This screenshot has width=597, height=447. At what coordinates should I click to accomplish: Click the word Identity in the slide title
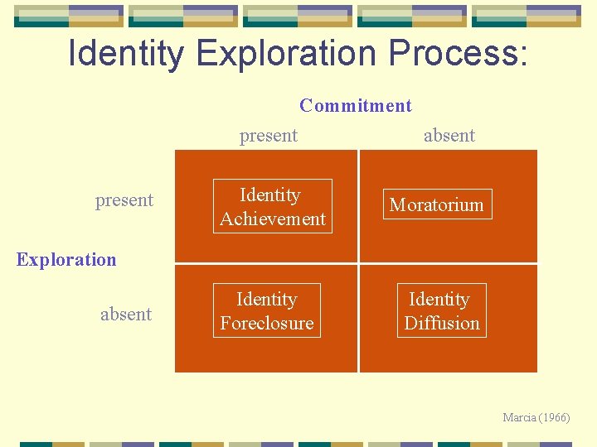(127, 53)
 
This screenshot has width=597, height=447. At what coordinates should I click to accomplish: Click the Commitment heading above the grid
(355, 105)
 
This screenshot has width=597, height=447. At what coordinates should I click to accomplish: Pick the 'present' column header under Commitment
(269, 135)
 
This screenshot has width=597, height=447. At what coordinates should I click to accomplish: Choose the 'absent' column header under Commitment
(449, 135)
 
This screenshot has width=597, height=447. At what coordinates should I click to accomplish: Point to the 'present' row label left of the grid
(124, 199)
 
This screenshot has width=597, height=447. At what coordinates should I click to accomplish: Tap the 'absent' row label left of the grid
(126, 314)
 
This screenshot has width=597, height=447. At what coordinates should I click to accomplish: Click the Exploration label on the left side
(66, 259)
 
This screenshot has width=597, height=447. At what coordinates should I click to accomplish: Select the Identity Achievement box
(272, 206)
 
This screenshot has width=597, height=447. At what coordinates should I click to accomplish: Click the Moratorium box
(436, 204)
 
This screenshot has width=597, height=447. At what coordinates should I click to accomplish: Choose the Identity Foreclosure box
(267, 310)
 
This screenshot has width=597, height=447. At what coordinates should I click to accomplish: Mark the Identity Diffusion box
(441, 310)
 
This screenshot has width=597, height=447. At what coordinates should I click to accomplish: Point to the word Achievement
(273, 219)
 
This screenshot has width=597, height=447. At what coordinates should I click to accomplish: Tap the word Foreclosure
(267, 323)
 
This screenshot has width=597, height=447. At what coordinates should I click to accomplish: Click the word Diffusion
(442, 323)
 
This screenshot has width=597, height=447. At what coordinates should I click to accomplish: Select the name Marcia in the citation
(519, 417)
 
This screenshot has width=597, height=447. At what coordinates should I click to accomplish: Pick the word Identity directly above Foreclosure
(267, 299)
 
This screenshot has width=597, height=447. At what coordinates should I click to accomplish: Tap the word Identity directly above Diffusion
(439, 299)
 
